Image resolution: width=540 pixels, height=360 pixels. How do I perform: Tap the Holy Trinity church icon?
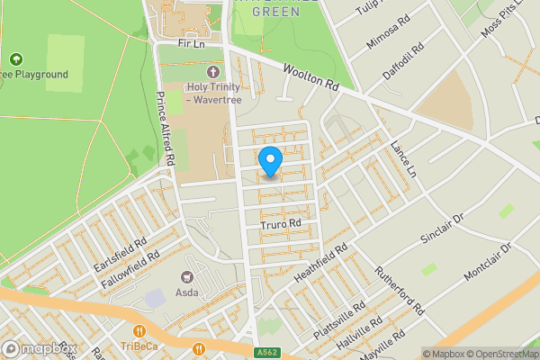point(212,71)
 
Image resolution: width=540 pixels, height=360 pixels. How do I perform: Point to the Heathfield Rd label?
point(319,262)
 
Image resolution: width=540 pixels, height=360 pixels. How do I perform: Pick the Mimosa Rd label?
point(387,31)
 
